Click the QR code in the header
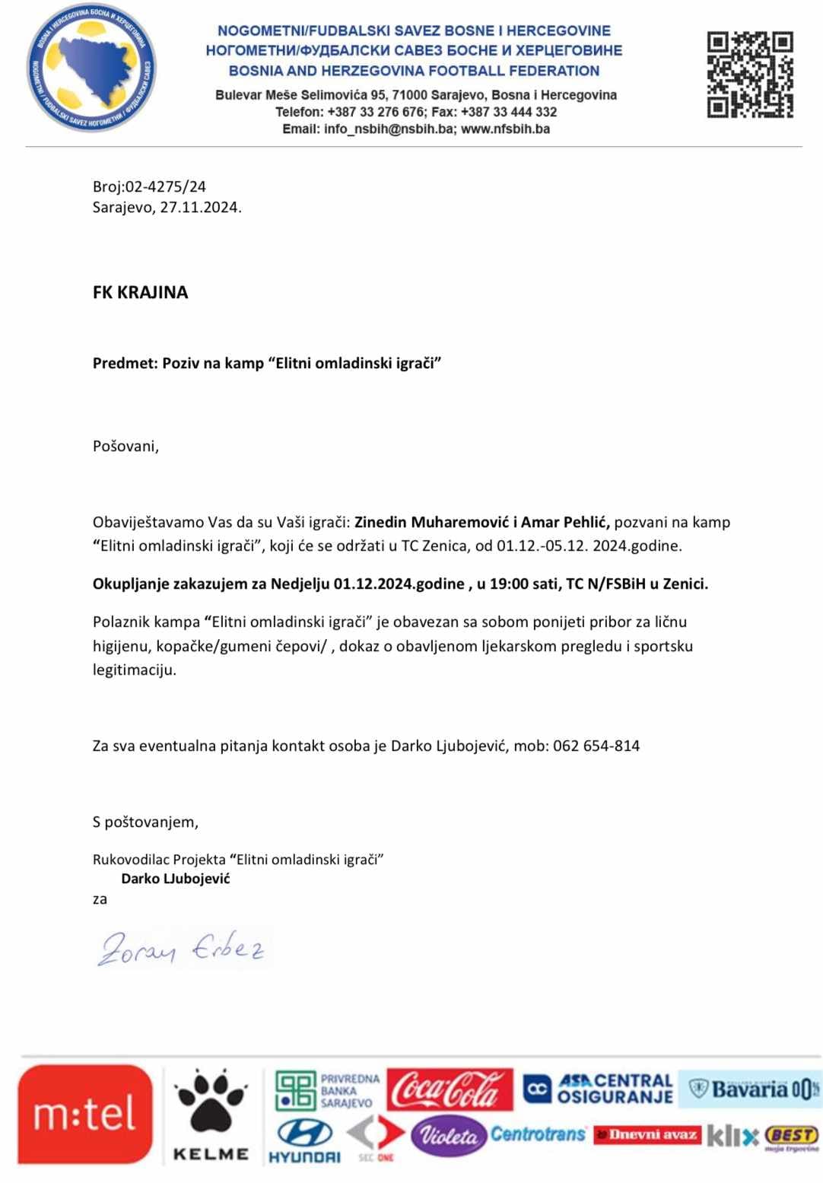coord(750,75)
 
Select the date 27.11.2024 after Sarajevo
coord(200,207)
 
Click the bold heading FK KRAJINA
coord(140,292)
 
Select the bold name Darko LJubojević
coord(175,879)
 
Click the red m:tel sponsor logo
coord(84,1114)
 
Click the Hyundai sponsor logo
coord(304,1140)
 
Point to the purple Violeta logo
coord(448,1136)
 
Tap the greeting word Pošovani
coord(126,446)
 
